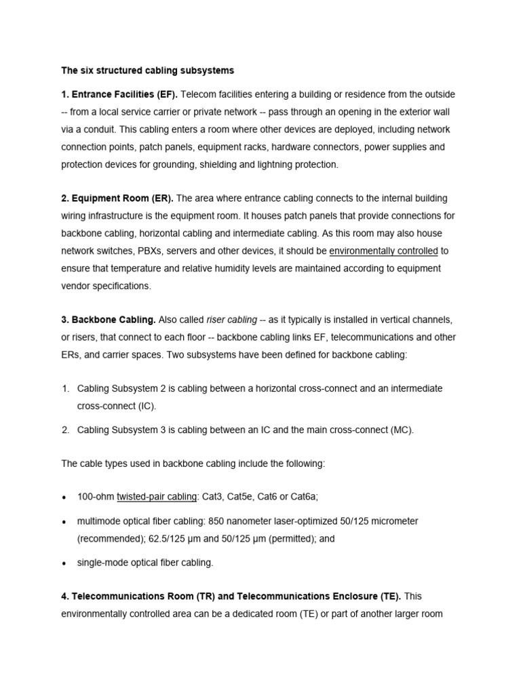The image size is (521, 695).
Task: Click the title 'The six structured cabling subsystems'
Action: pos(147,70)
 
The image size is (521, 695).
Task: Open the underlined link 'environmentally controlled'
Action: pos(383,250)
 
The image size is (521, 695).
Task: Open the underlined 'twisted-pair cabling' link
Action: pos(156,496)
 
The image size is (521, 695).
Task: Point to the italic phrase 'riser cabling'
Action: pos(231,319)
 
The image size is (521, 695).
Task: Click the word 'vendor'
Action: pos(76,286)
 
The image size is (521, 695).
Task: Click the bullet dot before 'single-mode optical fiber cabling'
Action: pos(64,563)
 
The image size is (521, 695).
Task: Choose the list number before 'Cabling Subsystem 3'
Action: pos(66,429)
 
